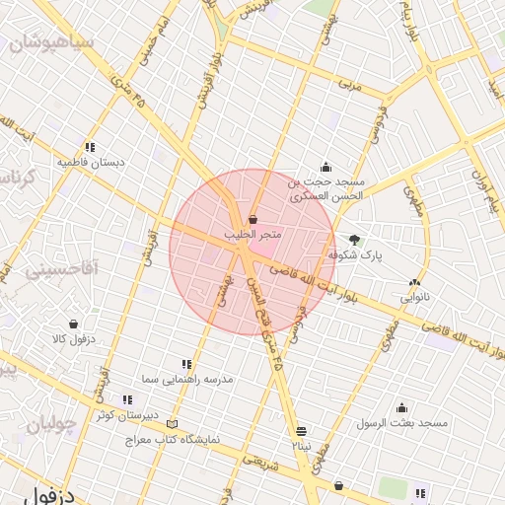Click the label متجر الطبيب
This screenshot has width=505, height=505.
(x=253, y=235)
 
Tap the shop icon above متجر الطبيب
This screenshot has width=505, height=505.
(x=253, y=219)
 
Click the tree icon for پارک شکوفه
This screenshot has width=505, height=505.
(x=355, y=239)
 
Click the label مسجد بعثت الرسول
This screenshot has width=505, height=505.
(x=402, y=422)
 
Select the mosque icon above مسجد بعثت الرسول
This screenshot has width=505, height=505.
(x=401, y=407)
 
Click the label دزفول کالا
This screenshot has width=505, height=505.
(x=72, y=339)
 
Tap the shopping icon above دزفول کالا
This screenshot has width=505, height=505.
(x=73, y=324)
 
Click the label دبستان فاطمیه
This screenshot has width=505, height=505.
(x=91, y=161)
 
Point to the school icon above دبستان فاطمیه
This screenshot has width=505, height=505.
(x=91, y=146)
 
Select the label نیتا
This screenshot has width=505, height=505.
(x=301, y=446)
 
